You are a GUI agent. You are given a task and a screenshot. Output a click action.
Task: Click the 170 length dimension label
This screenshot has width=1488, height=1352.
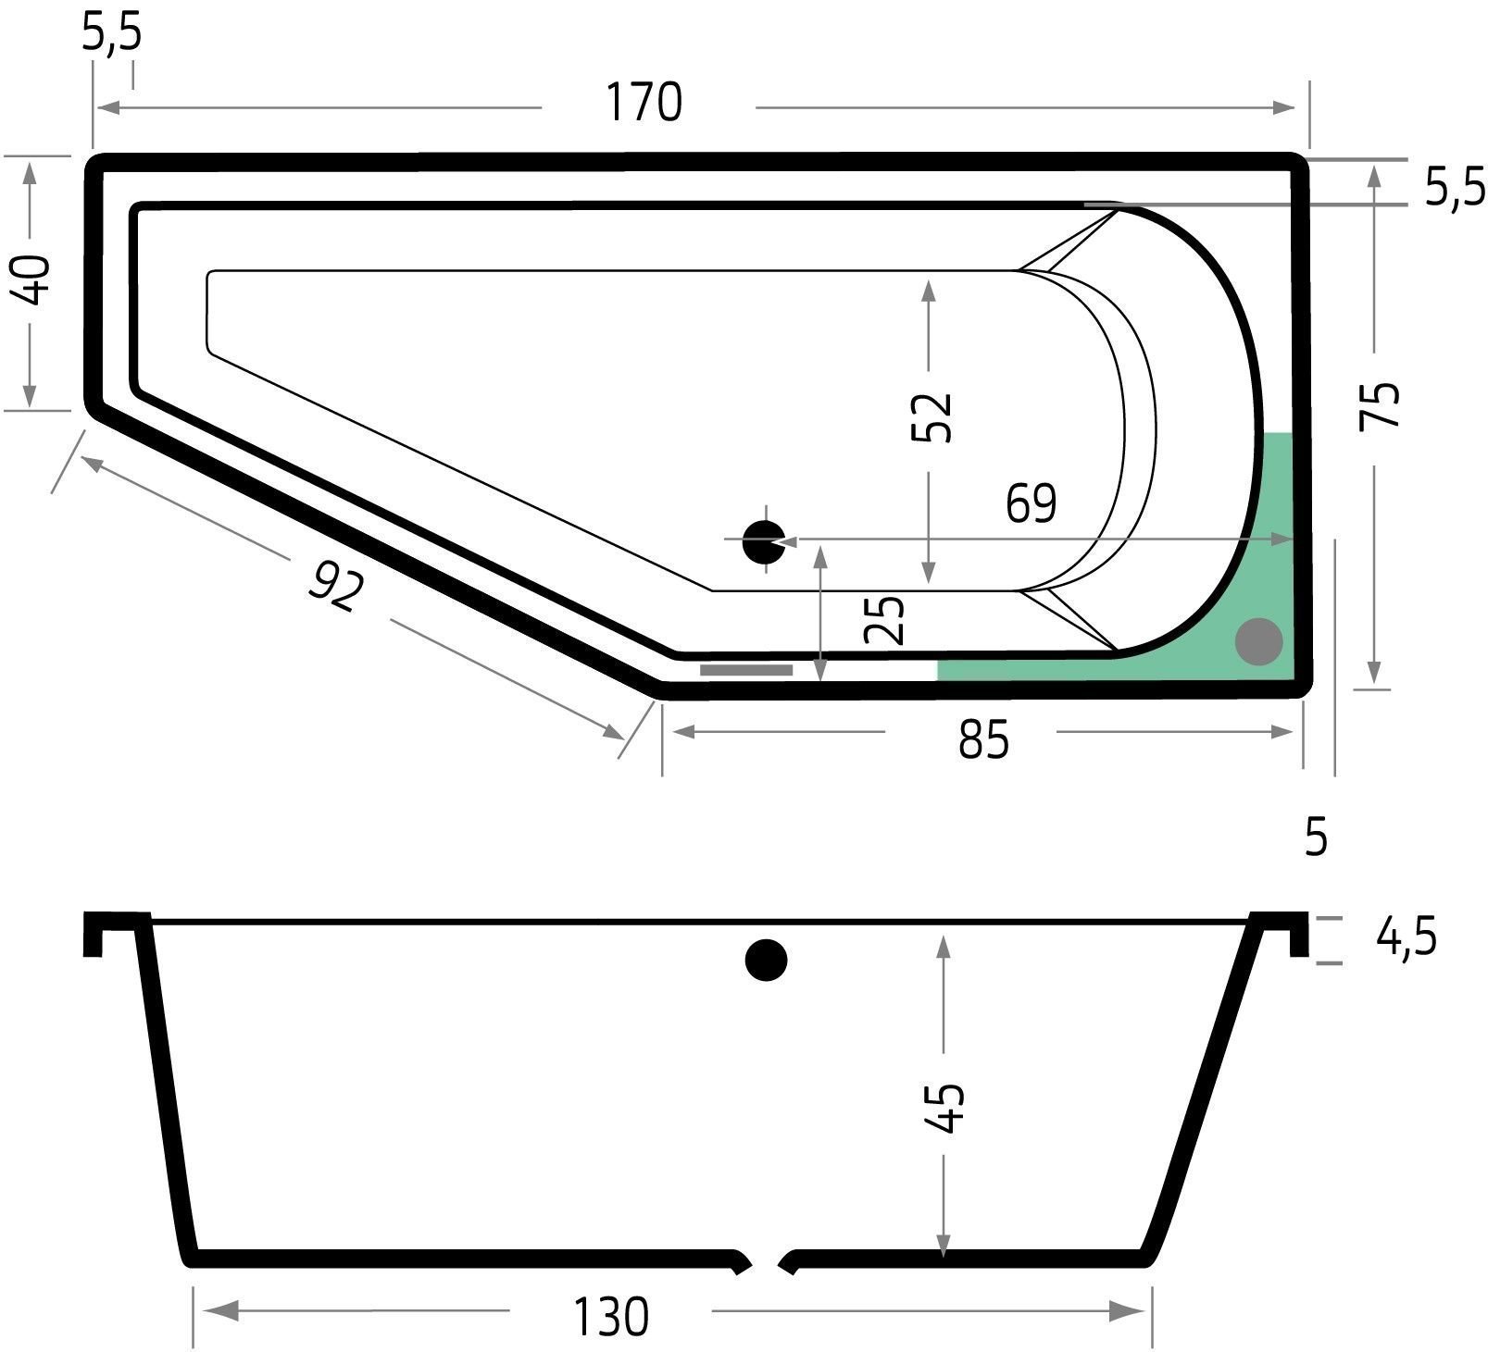644,103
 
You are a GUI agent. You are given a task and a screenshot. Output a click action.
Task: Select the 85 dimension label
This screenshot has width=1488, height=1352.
983,740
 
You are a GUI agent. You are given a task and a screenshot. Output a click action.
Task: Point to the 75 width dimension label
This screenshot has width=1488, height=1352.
1379,404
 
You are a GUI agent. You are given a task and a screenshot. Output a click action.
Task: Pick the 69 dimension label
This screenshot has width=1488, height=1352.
1032,504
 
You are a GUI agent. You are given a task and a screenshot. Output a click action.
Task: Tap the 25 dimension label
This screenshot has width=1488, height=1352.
883,620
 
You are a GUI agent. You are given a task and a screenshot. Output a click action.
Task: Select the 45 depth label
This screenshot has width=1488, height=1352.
945,1108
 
